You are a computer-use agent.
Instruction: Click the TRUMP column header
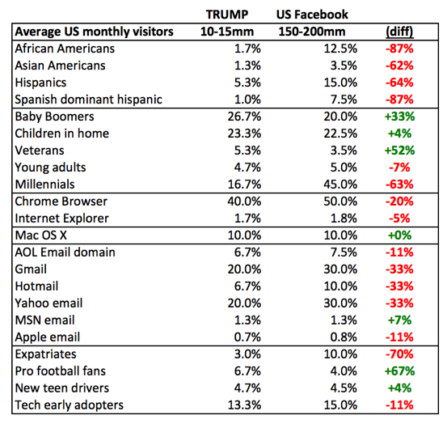pos(227,15)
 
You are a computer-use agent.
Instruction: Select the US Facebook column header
pos(312,15)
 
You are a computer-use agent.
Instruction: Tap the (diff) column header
pos(399,32)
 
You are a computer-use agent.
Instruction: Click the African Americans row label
pos(65,49)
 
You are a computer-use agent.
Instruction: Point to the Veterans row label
pos(40,150)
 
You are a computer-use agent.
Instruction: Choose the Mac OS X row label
pos(41,235)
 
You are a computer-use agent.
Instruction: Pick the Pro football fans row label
pos(60,371)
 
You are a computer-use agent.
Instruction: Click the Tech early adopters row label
pos(70,405)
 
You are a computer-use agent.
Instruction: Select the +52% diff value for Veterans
pos(399,150)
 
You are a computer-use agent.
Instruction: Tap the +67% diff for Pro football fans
pos(399,371)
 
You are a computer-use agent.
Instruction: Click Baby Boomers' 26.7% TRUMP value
pos(244,117)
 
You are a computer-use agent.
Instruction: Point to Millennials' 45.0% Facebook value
pos(340,184)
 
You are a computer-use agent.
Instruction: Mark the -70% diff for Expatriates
pos(399,354)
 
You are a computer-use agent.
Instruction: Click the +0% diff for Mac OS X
pos(399,235)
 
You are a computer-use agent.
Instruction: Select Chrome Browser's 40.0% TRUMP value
pos(244,201)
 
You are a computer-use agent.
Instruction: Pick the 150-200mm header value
pos(312,32)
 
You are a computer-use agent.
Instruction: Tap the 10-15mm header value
pos(227,32)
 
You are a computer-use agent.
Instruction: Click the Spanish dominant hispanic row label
pos(88,100)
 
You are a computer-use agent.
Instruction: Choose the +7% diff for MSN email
pos(399,320)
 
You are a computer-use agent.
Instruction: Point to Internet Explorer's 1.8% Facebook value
pos(344,218)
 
